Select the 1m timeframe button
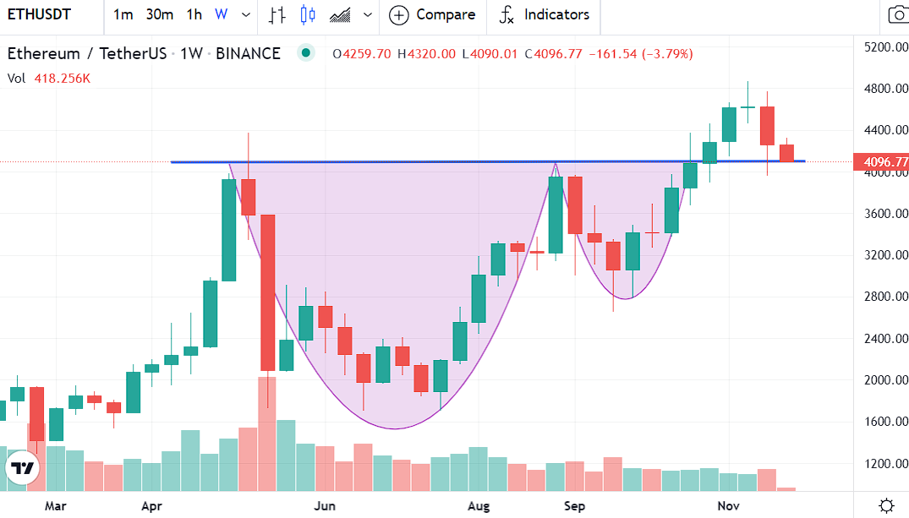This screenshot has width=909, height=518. click(x=123, y=14)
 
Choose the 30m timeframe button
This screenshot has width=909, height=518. click(x=159, y=14)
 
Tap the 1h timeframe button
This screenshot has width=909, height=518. click(x=194, y=14)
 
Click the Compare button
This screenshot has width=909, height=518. click(x=432, y=14)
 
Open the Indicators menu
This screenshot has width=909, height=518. click(x=544, y=14)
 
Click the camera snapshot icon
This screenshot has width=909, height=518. click(x=897, y=14)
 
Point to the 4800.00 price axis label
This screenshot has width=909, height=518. click(x=885, y=89)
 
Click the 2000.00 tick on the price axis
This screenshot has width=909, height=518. click(x=885, y=380)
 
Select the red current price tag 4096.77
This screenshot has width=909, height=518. click(x=885, y=161)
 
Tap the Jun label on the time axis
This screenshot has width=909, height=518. click(x=325, y=506)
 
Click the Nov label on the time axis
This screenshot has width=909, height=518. click(x=729, y=506)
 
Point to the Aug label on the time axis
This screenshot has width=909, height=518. click(x=479, y=506)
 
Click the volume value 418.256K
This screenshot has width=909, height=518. click(x=63, y=79)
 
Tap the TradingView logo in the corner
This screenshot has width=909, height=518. click(x=23, y=468)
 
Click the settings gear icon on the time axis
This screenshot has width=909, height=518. click(x=886, y=506)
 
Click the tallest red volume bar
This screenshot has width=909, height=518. click(x=266, y=433)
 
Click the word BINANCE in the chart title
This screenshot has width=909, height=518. click(x=248, y=54)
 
